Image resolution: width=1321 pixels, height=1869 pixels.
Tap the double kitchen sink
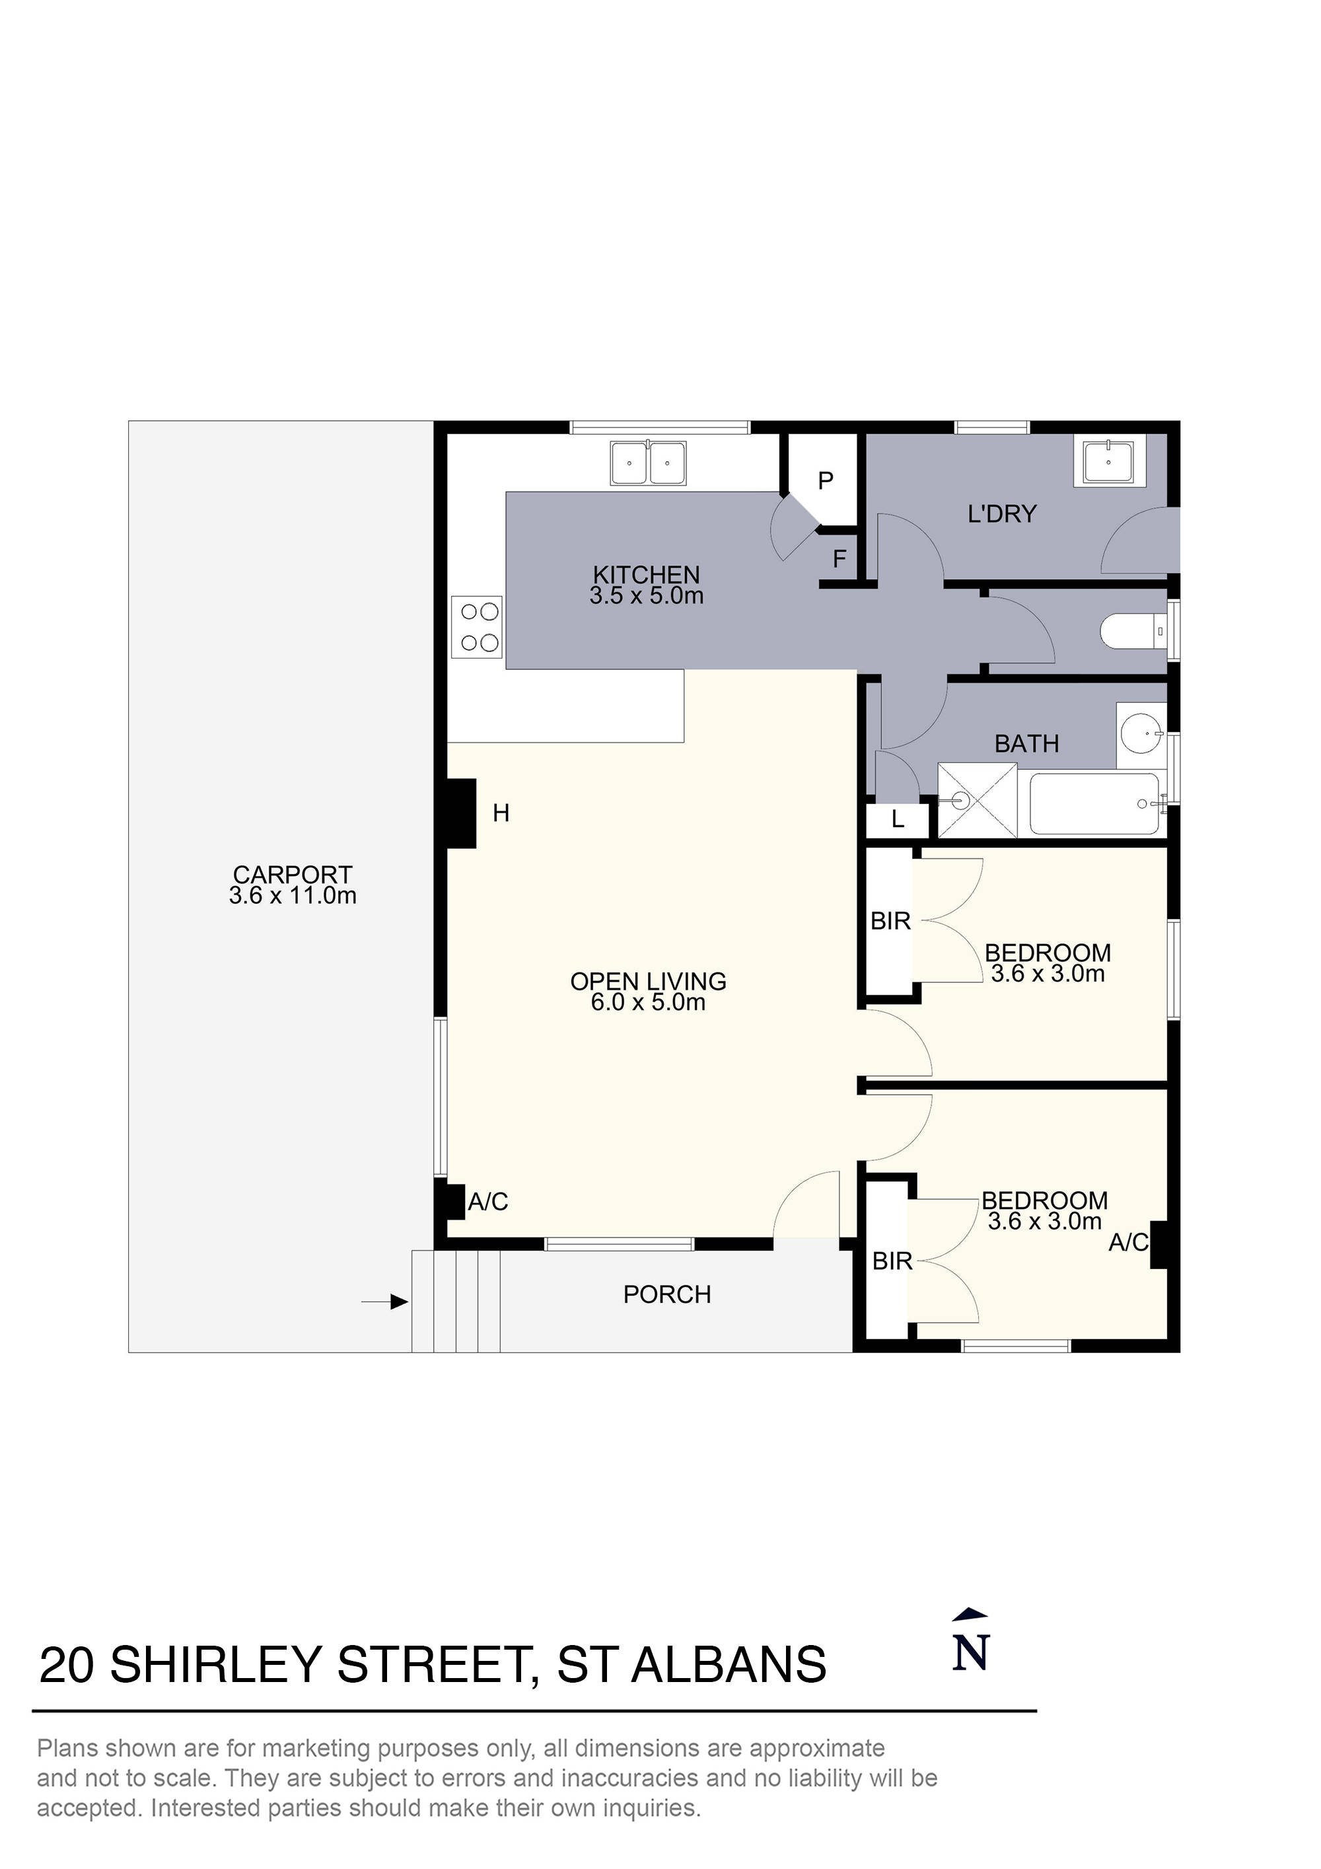click(648, 463)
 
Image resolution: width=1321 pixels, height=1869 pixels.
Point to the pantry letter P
click(826, 481)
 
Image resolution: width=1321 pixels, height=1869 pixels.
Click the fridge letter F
click(839, 559)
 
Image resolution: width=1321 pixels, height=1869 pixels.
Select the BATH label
click(1026, 743)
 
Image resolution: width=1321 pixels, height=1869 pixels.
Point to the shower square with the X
click(978, 800)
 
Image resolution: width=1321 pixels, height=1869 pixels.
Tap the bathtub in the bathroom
click(1094, 803)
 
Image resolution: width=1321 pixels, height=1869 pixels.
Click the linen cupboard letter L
click(897, 820)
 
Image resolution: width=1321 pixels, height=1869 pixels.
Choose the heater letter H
click(501, 813)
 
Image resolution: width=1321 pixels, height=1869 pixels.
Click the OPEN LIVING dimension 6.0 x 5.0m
click(648, 1003)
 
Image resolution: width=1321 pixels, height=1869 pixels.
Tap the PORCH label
click(666, 1294)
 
